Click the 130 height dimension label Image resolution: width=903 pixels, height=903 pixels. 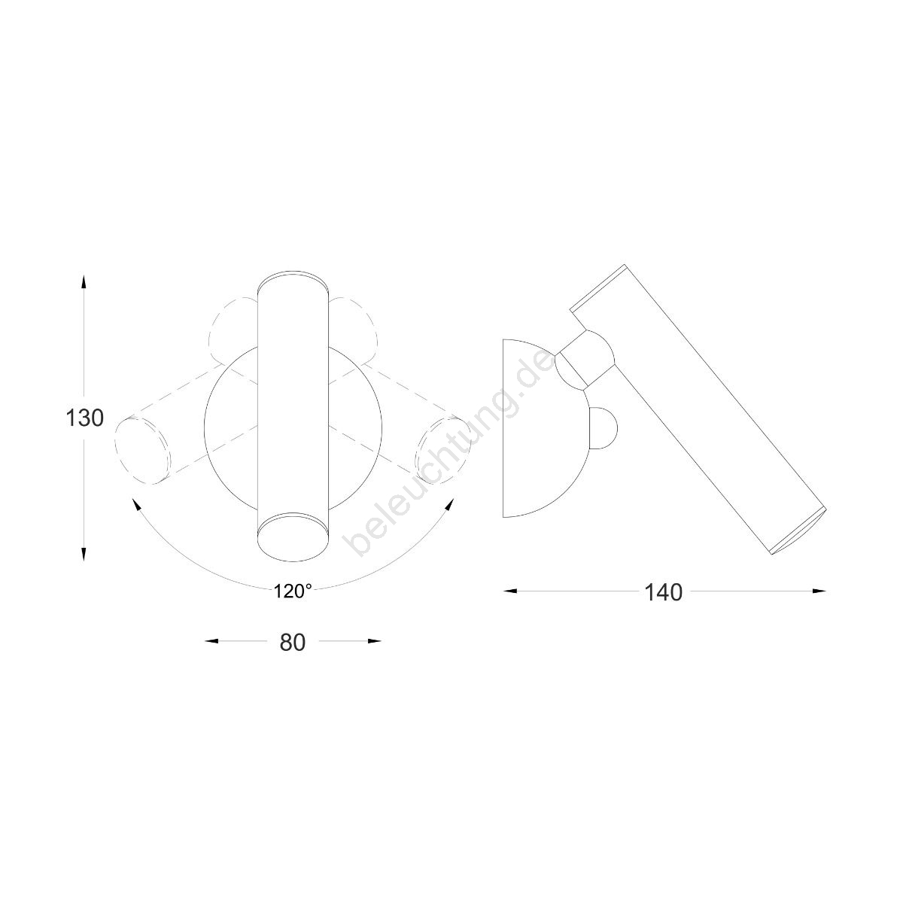pyautogui.click(x=84, y=418)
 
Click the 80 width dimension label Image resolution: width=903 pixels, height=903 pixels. pyautogui.click(x=293, y=643)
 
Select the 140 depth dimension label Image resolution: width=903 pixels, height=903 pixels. pyautogui.click(x=664, y=593)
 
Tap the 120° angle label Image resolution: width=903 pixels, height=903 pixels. pyautogui.click(x=293, y=592)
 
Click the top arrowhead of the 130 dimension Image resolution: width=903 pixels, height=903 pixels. pyautogui.click(x=84, y=281)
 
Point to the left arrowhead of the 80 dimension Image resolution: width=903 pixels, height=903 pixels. pyautogui.click(x=212, y=641)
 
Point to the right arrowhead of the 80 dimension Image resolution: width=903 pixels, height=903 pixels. pyautogui.click(x=374, y=641)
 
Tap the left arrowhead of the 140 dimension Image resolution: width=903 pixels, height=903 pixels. pyautogui.click(x=510, y=591)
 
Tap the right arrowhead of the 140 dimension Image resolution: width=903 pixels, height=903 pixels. pyautogui.click(x=819, y=591)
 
